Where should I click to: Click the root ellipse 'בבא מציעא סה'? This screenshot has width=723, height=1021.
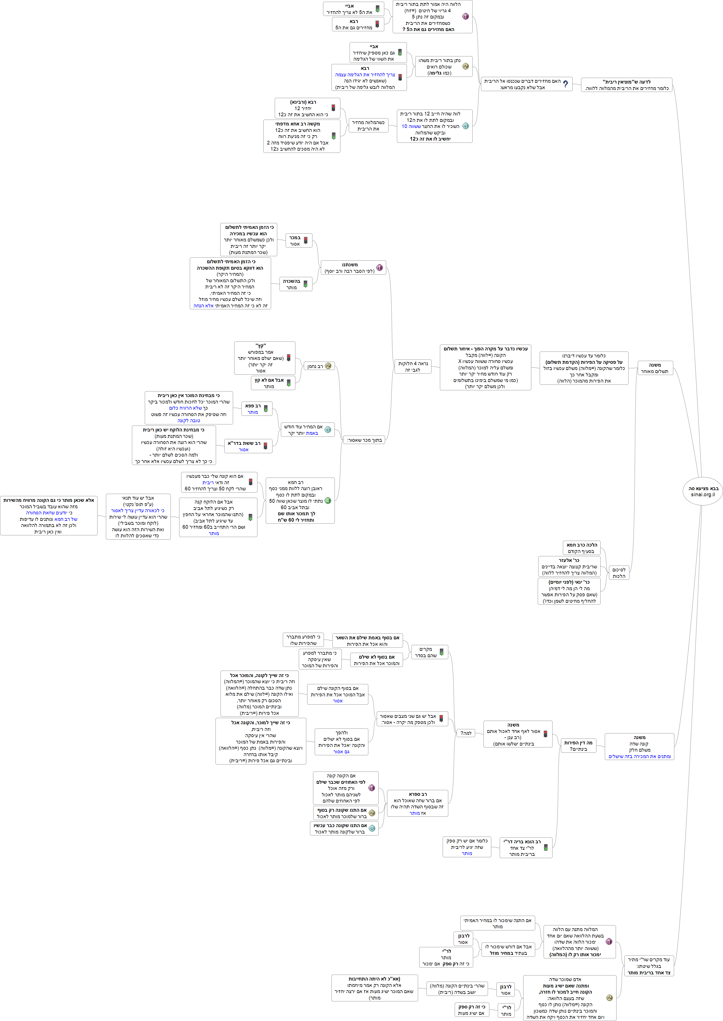click(x=703, y=491)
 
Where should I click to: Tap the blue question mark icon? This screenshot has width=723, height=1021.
click(x=565, y=84)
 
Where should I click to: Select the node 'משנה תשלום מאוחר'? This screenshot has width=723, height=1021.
click(x=655, y=368)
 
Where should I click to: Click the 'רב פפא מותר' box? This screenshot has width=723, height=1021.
click(x=257, y=409)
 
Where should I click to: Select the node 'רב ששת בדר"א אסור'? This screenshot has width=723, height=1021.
click(x=248, y=446)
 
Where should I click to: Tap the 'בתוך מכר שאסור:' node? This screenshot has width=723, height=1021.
click(x=364, y=440)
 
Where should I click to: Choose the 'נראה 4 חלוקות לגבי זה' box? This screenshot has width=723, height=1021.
click(x=413, y=366)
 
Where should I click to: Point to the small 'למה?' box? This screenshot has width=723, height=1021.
click(x=466, y=733)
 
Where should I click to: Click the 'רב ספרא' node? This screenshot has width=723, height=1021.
click(x=417, y=803)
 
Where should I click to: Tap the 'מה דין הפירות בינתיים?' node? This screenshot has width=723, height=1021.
click(x=578, y=745)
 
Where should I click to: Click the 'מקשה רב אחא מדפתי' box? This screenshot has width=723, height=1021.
click(x=301, y=136)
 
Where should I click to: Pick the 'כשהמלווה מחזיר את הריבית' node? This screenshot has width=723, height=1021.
click(x=368, y=125)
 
